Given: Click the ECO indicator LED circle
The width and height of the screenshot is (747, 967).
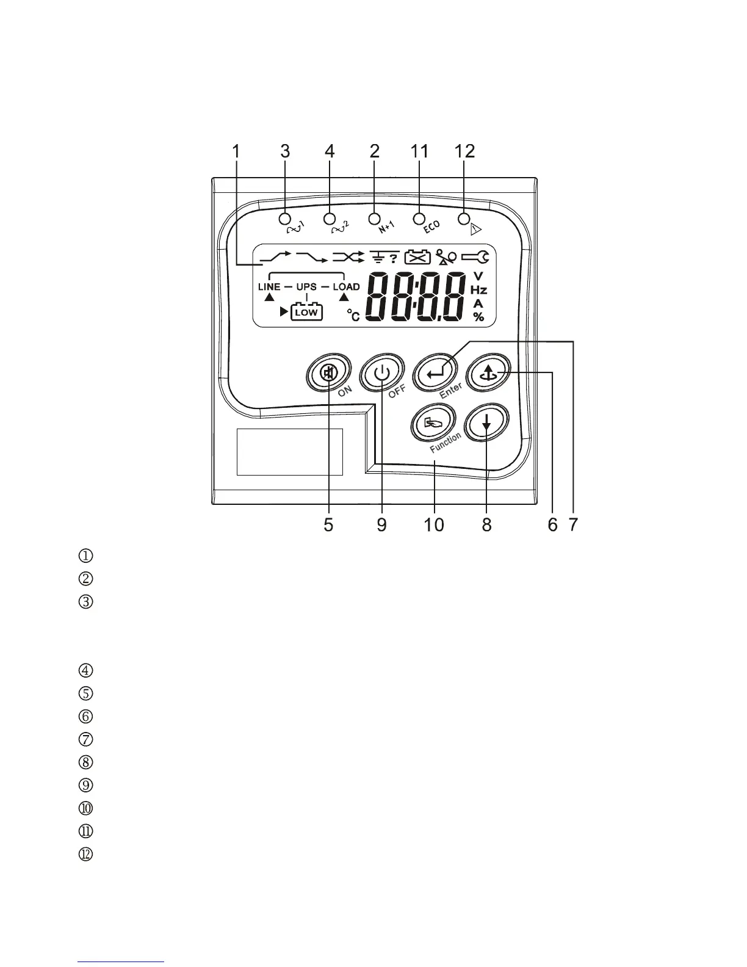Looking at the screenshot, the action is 419,218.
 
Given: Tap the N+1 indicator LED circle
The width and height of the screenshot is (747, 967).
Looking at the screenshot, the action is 375,218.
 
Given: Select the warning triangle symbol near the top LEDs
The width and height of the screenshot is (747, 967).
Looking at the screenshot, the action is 476,230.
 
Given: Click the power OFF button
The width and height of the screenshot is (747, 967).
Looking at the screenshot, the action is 381,373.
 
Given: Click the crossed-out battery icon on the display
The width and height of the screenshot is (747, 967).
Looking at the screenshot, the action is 417,258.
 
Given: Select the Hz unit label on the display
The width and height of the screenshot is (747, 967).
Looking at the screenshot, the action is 478,290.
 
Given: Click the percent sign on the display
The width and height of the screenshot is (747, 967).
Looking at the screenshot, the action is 478,316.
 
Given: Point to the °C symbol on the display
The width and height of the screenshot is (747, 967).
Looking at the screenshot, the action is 353,314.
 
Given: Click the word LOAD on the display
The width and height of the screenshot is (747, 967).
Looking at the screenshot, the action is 346,286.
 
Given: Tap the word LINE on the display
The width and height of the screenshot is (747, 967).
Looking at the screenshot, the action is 269,286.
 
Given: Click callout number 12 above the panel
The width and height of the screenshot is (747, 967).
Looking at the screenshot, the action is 464,151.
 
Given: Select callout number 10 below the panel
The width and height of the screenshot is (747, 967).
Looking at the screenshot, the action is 434,524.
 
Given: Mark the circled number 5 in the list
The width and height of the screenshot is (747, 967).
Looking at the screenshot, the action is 86,694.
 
